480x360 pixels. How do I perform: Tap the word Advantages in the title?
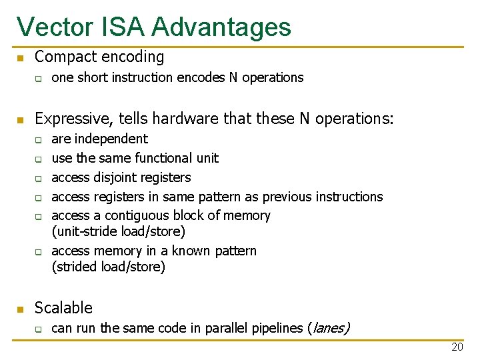coord(221,27)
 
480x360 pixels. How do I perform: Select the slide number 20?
coord(457,347)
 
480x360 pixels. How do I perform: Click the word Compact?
coord(61,57)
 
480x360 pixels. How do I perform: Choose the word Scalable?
coord(63,308)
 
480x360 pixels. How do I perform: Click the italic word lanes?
coord(329,328)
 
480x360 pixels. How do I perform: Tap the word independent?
coord(111,139)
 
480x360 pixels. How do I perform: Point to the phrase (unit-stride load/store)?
coord(118,231)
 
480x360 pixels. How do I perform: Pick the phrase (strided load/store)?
coord(108,267)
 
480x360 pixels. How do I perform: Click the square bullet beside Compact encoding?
coord(21,59)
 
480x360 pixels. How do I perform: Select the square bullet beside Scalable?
coord(21,309)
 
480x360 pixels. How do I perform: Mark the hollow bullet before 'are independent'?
coord(39,140)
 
